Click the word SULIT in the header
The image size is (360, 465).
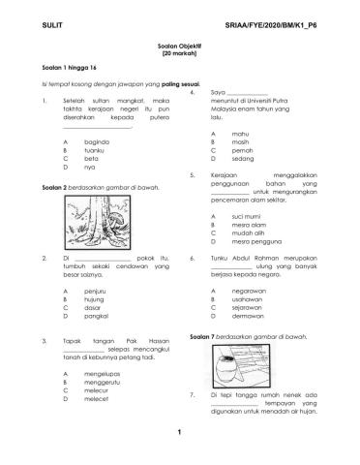click(29, 20)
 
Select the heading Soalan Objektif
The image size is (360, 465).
click(179, 46)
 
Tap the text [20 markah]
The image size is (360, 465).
click(179, 54)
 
